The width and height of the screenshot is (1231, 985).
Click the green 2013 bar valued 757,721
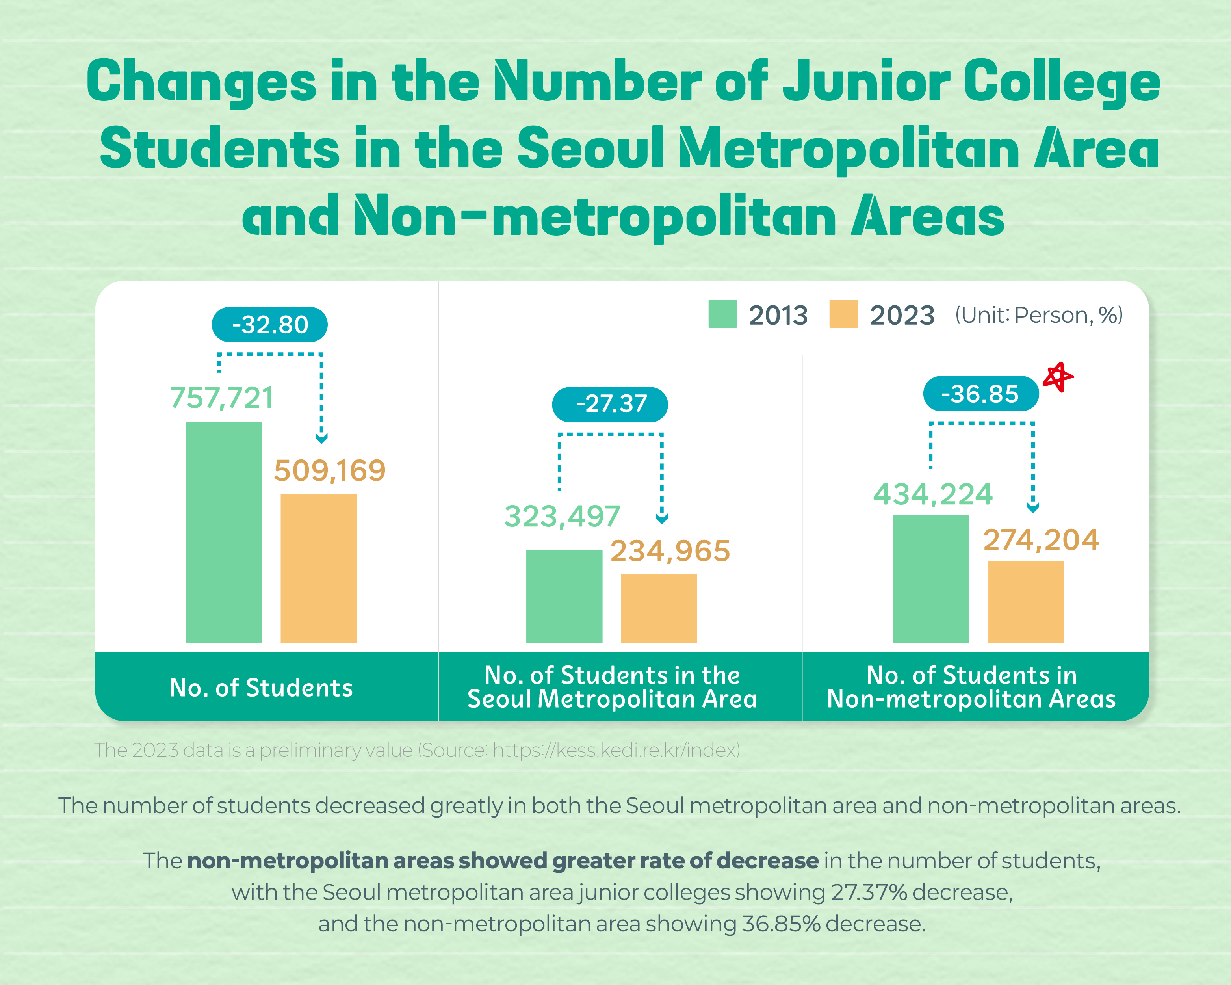(224, 532)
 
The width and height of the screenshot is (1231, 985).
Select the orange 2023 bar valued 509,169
(319, 568)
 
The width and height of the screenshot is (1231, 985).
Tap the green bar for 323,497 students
(564, 596)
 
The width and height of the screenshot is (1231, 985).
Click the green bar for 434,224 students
(931, 578)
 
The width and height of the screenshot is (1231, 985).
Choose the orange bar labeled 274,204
(1025, 602)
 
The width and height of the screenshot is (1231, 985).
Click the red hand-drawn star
(1058, 377)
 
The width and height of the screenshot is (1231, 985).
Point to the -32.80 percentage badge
(269, 324)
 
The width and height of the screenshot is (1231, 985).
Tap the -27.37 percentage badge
(610, 404)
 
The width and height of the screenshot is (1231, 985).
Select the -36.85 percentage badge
(980, 394)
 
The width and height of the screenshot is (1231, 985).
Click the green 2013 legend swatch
(722, 314)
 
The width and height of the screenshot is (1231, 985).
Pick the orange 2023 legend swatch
(843, 314)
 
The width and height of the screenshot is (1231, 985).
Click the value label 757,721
(221, 398)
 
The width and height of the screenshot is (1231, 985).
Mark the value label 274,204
(1041, 540)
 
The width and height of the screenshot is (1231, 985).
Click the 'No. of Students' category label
(261, 688)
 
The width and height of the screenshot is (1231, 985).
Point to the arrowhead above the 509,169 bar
(321, 439)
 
